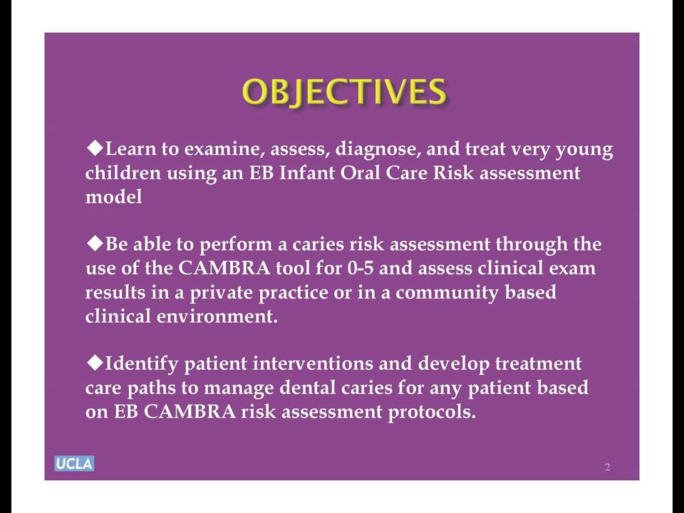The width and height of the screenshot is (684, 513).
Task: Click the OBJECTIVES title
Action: coord(344,92)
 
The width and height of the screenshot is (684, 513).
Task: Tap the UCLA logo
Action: coord(74,463)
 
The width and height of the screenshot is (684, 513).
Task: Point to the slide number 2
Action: coord(607,467)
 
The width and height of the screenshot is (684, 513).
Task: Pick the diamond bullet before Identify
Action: coord(95,362)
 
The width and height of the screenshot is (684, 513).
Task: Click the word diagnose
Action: coord(378,150)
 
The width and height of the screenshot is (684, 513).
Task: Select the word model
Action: coord(113,197)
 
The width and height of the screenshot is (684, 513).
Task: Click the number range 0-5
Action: coord(361,268)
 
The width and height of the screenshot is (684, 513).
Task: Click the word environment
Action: coord(217,316)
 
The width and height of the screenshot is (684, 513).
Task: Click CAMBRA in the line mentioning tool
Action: coord(224,268)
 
